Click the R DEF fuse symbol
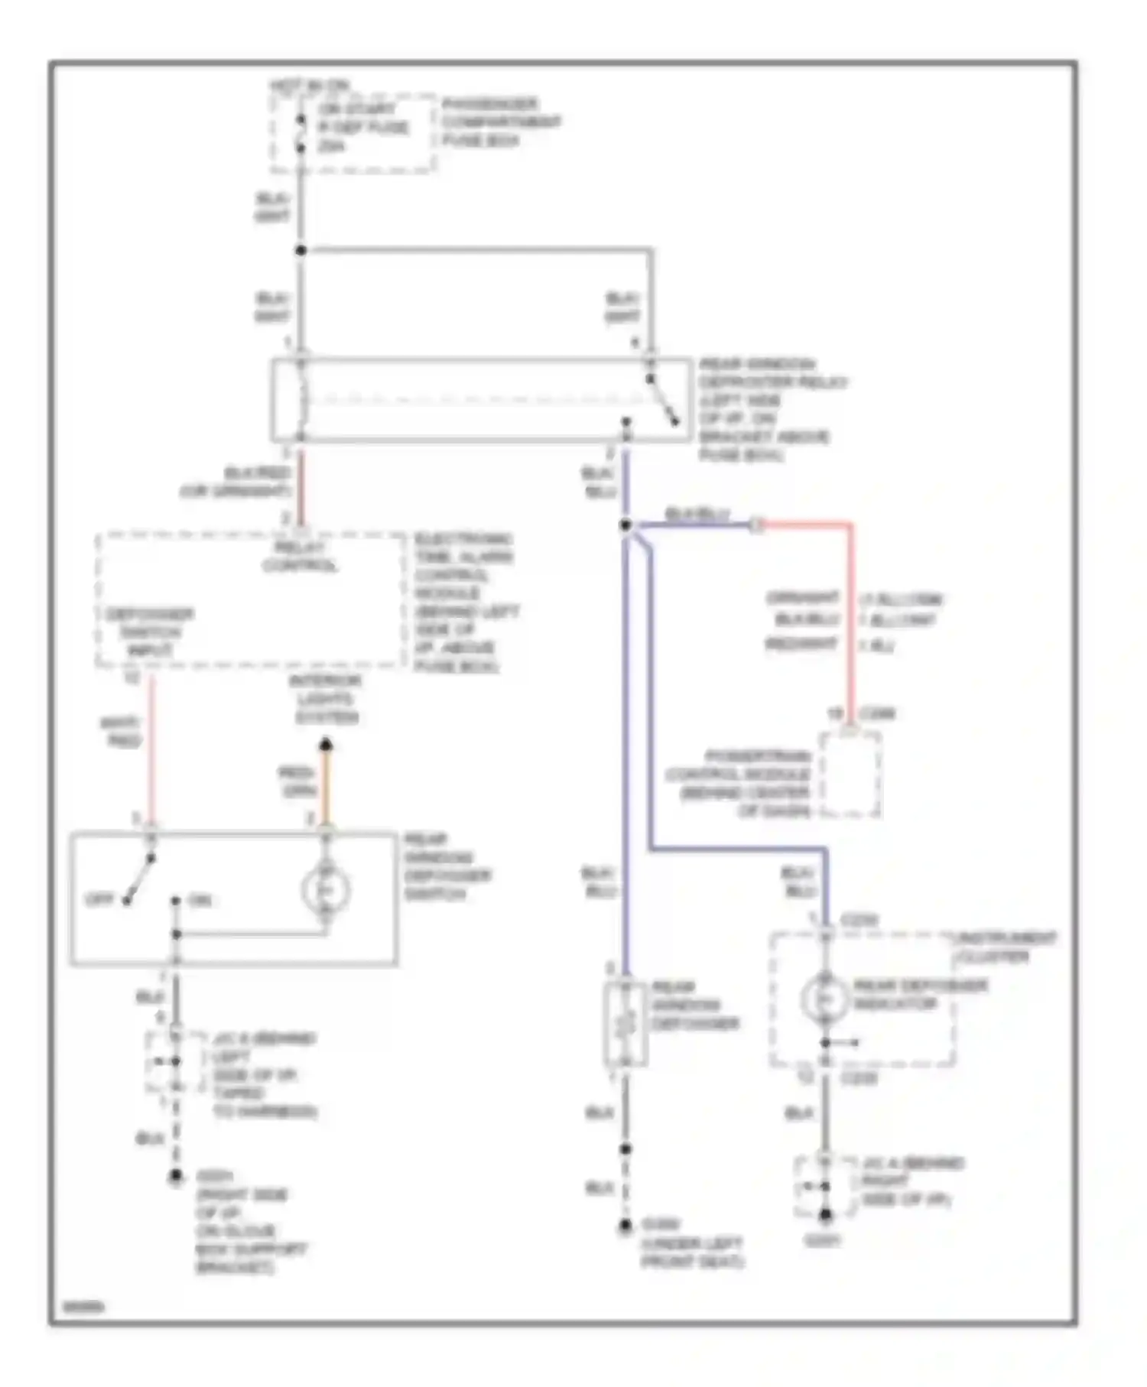tap(301, 133)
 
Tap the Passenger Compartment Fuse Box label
tap(500, 122)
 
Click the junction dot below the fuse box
tap(301, 250)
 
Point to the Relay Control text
tap(301, 557)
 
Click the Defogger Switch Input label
tap(149, 632)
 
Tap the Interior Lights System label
tap(326, 699)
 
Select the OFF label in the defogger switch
tap(99, 900)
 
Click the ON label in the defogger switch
tap(200, 901)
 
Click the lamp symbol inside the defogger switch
tap(326, 890)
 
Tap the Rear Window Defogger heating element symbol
tap(625, 1023)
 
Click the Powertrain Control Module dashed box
tap(850, 775)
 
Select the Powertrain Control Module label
tap(739, 784)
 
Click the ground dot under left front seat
tap(625, 1226)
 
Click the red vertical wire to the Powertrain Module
tap(850, 619)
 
